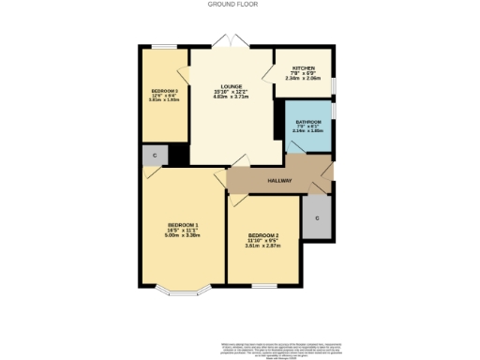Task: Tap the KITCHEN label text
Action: click(x=303, y=68)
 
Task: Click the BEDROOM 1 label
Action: click(x=183, y=225)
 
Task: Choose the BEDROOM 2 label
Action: click(x=263, y=235)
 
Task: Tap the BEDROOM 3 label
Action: click(x=164, y=91)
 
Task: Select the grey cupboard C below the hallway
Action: click(x=317, y=217)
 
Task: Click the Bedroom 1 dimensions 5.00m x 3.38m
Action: click(x=183, y=235)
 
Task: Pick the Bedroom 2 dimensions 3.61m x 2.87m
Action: click(x=263, y=246)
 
